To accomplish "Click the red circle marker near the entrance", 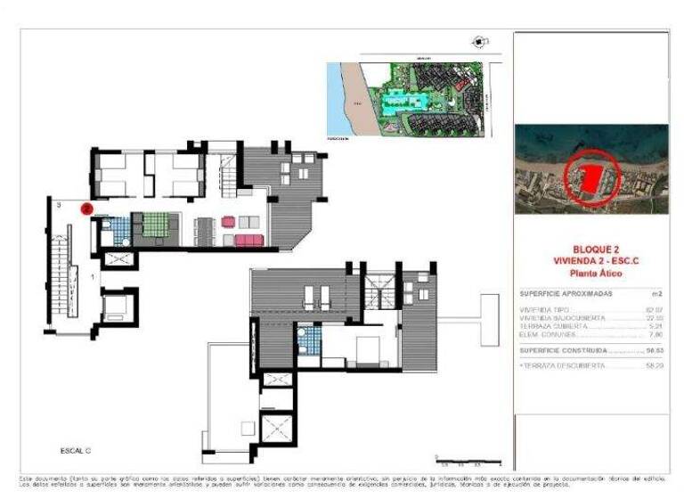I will point(86,209).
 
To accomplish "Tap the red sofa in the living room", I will point(248,240).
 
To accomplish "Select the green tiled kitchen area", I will point(155,225).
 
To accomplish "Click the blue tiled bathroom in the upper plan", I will point(116,230).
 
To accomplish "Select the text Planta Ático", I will point(591,274).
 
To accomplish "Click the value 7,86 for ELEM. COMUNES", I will point(657,336).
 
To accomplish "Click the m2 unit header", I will point(657,293).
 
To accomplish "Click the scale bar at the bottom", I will point(468,461).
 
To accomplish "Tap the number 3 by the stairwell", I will point(58,206).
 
